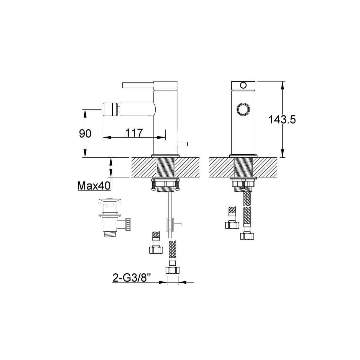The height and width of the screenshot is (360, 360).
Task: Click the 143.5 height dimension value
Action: [282, 119]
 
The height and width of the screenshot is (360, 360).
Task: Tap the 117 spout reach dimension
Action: [134, 133]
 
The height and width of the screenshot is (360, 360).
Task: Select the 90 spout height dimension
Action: [85, 133]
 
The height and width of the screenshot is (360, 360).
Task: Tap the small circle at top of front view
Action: [243, 85]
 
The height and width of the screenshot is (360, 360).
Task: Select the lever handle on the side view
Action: [138, 85]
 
